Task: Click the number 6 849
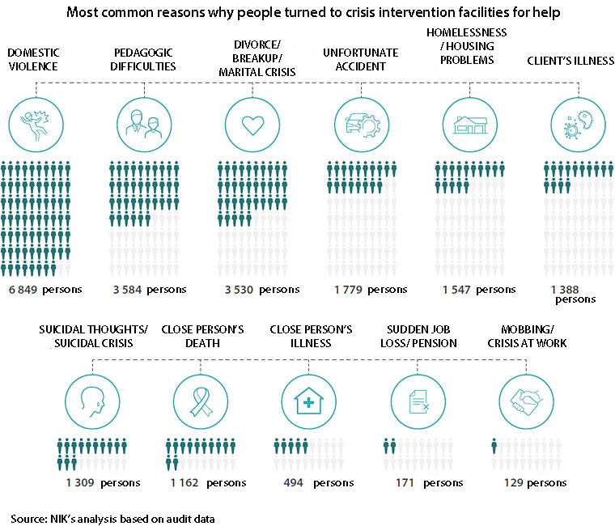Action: click(x=23, y=289)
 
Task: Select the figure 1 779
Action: click(x=347, y=289)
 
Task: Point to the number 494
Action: click(x=293, y=482)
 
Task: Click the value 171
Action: click(x=404, y=482)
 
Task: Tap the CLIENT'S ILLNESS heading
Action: click(x=570, y=61)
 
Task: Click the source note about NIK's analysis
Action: click(x=113, y=517)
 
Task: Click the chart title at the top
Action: click(x=307, y=13)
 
